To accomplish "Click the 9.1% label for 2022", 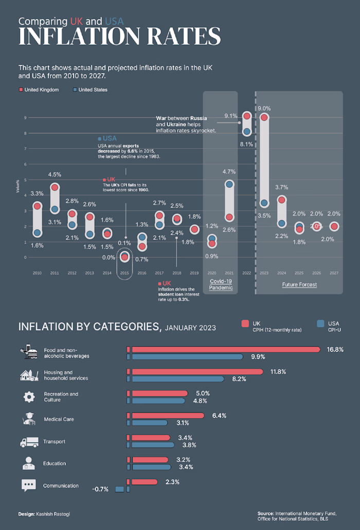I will point(231,116).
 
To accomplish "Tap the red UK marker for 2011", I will point(55,188).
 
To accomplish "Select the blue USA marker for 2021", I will point(229,184).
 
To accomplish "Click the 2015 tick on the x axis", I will point(124,273).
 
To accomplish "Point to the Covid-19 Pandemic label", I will point(221,285).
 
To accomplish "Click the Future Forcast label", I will point(299,285).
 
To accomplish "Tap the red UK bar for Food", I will point(225,349).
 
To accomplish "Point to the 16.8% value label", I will point(335,349).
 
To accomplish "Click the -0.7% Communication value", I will point(100,489).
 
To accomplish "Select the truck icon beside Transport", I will point(29,442).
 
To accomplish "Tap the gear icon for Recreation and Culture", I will point(29,397).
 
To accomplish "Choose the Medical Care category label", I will point(59,419).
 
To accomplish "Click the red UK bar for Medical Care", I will point(167,415).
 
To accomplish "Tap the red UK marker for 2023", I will point(264,117).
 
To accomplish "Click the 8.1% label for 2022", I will point(246,144).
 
